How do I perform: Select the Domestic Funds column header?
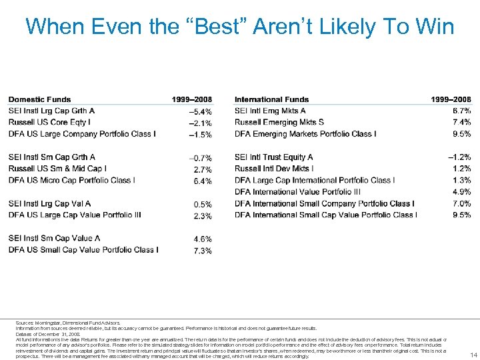39,99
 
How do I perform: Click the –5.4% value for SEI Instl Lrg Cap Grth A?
200,111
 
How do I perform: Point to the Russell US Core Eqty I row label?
49,122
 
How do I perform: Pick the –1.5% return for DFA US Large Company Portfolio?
200,135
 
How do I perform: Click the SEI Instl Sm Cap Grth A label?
52,157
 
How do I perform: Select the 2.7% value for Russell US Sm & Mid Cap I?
203,169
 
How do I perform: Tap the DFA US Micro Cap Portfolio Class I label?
72,180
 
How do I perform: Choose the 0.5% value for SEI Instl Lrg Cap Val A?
203,204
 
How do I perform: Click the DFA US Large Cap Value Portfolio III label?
75,215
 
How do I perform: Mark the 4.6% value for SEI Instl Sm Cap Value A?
203,239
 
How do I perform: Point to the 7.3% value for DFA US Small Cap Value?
203,251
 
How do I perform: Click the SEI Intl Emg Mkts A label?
270,111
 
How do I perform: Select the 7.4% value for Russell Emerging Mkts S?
461,122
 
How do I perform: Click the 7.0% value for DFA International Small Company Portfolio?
461,203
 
